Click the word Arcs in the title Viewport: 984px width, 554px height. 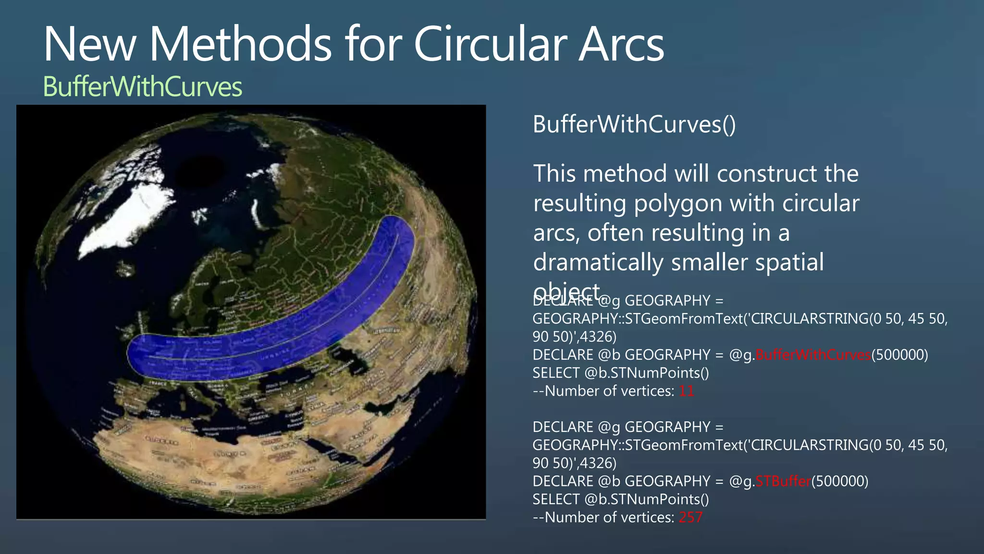(x=621, y=44)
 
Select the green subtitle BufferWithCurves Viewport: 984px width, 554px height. (x=142, y=87)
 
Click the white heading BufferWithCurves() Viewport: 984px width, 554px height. (x=634, y=125)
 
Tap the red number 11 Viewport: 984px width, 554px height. (x=686, y=391)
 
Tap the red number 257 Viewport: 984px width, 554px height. (x=690, y=517)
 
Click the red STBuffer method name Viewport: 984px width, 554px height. (x=783, y=481)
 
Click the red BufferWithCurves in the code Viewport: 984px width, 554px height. (x=813, y=355)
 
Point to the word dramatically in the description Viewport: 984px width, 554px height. (x=598, y=263)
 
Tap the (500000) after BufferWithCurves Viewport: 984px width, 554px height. (x=899, y=355)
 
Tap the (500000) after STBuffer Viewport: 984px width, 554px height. (x=839, y=481)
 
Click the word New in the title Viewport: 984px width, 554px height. (x=90, y=44)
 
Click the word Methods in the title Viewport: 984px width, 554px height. (x=240, y=44)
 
